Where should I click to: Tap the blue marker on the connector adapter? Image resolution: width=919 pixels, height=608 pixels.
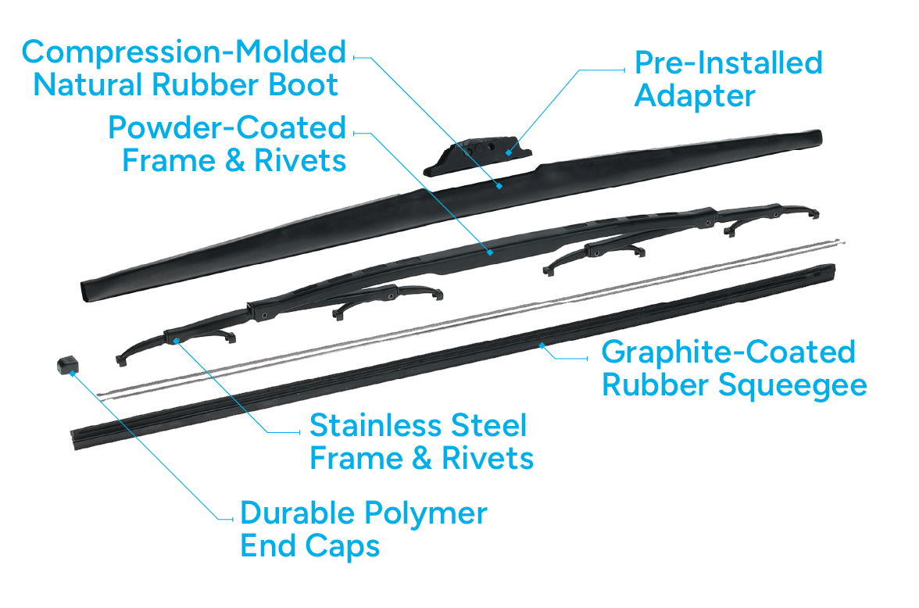(508, 152)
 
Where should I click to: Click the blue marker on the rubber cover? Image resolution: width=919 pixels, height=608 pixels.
(499, 186)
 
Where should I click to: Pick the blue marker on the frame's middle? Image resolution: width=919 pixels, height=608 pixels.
(490, 252)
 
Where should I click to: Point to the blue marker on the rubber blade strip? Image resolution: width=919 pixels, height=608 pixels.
(541, 344)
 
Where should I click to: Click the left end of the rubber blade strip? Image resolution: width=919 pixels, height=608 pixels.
(75, 436)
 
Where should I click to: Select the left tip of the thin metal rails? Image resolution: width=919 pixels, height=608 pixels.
(100, 394)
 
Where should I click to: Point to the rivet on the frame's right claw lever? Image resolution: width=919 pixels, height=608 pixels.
(709, 223)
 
